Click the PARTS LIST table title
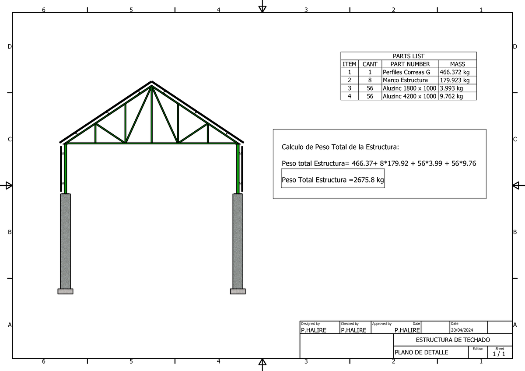click(x=408, y=56)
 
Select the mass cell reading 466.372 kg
click(x=455, y=72)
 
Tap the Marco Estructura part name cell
click(x=405, y=80)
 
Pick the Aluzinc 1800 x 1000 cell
click(x=409, y=88)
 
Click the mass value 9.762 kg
click(x=451, y=96)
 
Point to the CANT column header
click(x=370, y=64)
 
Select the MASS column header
click(x=458, y=64)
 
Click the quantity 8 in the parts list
click(x=370, y=80)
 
